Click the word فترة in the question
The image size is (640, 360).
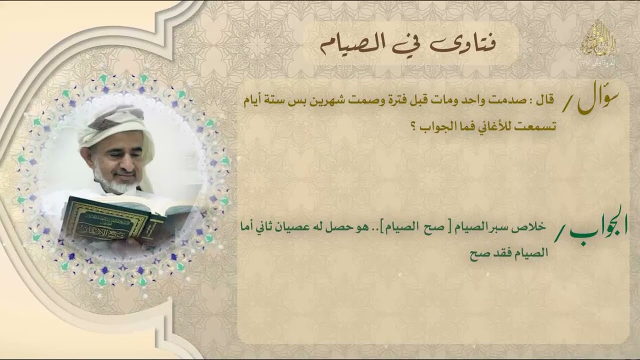click(x=425, y=102)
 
